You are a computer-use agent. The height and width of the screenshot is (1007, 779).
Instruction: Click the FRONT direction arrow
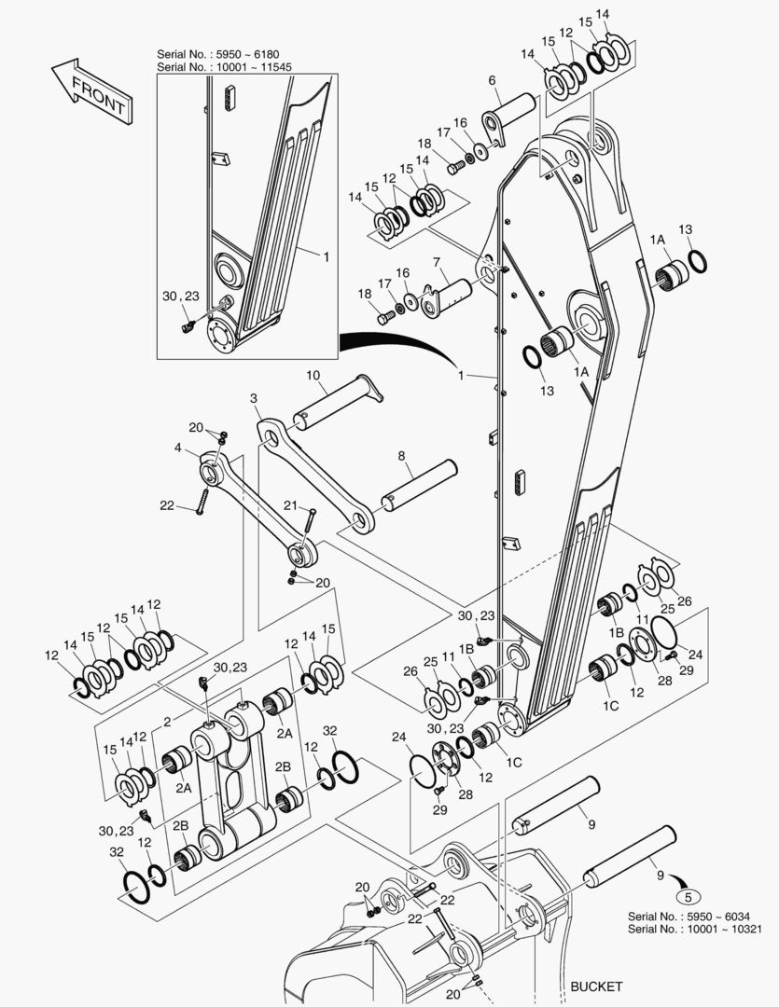(92, 91)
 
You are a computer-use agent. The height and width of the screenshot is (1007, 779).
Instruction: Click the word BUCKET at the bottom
(596, 986)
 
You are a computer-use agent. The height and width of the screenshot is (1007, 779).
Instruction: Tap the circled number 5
(688, 897)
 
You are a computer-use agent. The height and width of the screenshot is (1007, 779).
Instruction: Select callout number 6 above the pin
(492, 80)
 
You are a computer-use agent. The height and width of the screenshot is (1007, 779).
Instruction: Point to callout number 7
(437, 262)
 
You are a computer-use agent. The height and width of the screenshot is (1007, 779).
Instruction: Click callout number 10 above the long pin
(313, 375)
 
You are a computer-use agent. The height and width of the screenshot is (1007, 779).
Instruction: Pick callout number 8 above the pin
(402, 456)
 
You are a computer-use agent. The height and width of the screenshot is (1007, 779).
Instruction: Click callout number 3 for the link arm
(254, 399)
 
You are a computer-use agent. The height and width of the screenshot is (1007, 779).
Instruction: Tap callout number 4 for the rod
(178, 448)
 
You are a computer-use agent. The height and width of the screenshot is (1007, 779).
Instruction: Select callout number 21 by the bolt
(291, 505)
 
